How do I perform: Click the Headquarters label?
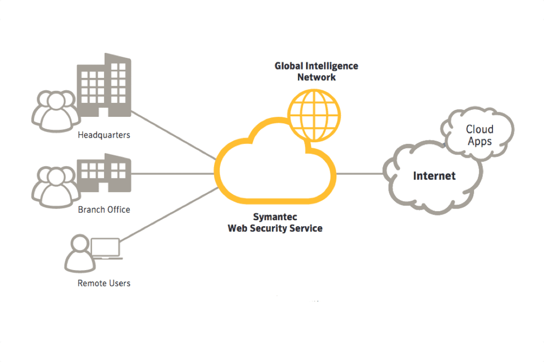(104, 135)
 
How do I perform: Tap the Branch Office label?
(104, 209)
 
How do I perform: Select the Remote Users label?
(104, 283)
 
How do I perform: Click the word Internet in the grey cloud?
(434, 176)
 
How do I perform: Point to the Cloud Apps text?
(480, 135)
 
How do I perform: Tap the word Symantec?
(275, 218)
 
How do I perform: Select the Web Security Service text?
(275, 228)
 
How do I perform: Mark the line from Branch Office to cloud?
(173, 174)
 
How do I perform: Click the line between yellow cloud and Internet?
(360, 174)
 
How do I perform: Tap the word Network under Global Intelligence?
(316, 77)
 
